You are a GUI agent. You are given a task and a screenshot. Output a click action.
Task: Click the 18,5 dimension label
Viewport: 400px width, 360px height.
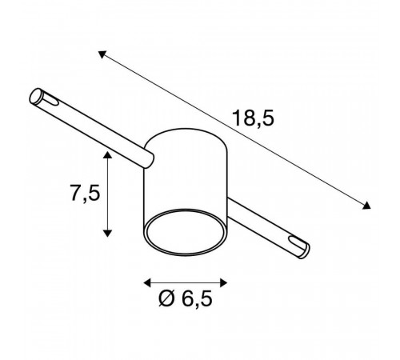tap(253, 118)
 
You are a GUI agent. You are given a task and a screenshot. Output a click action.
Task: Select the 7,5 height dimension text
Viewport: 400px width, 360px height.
tap(85, 193)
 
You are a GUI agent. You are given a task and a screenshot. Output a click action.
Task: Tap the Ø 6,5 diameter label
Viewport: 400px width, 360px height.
tap(186, 298)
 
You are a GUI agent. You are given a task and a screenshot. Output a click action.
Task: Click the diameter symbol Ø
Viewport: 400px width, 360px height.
tap(166, 298)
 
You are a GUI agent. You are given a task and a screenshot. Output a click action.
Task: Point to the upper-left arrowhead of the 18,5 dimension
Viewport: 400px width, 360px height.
tap(102, 54)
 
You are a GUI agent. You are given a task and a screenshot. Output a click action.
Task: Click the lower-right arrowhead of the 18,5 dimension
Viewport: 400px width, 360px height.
tap(366, 206)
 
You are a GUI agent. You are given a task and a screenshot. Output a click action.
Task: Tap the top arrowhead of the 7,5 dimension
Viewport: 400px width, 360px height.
tap(107, 154)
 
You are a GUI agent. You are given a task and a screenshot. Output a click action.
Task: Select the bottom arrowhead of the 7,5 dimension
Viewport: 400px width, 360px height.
tap(107, 234)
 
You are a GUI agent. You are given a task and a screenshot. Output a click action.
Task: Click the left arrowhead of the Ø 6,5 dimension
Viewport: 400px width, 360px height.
tap(147, 282)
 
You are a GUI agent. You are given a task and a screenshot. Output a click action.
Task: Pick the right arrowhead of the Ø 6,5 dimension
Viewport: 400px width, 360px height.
tap(223, 282)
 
